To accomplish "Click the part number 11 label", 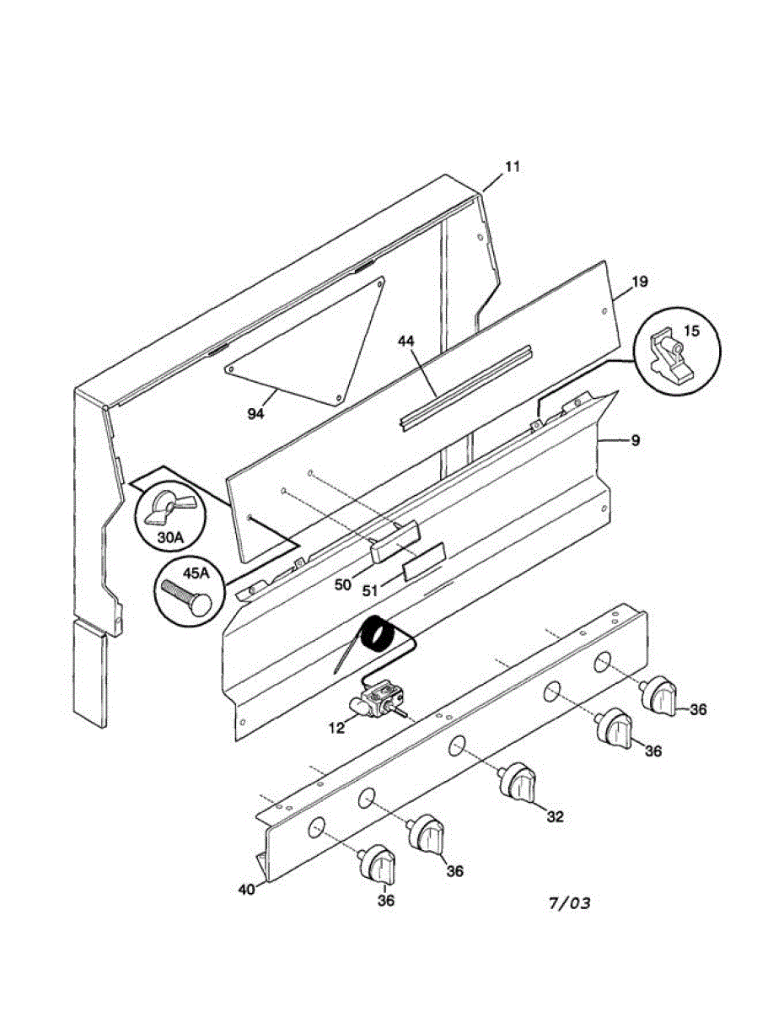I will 513,166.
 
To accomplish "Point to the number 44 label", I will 406,341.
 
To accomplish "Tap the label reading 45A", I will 195,573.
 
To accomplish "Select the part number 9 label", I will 634,439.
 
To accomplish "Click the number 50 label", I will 341,584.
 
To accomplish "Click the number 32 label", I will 554,816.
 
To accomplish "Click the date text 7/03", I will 569,904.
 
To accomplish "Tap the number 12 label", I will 336,728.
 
